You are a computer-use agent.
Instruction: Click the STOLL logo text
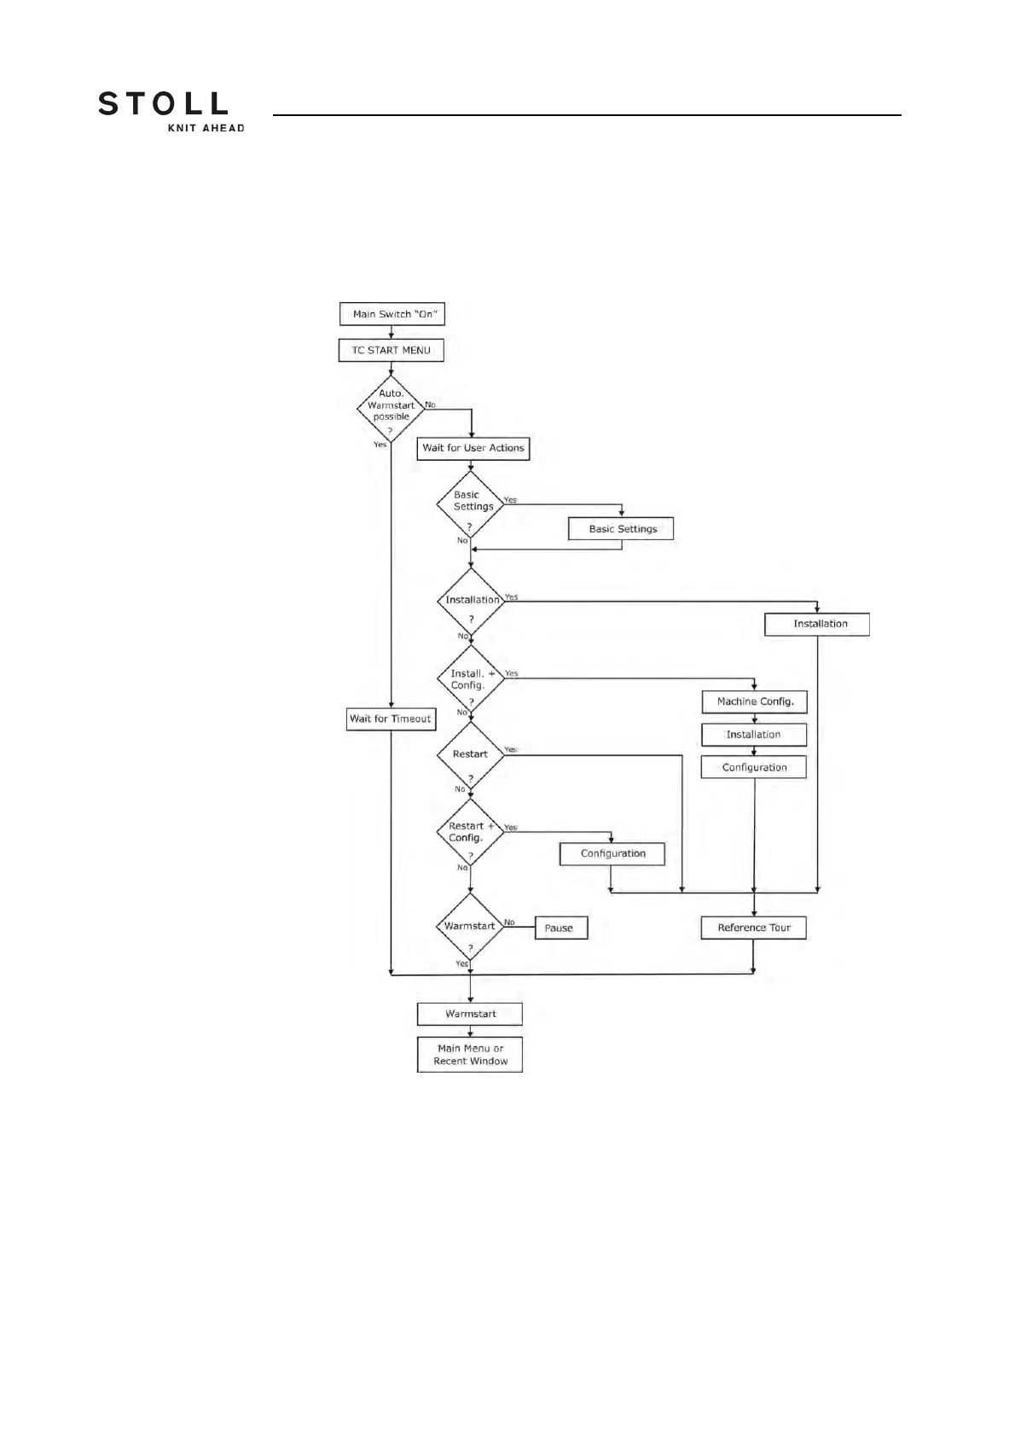tap(163, 104)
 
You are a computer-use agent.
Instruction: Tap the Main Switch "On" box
tap(392, 314)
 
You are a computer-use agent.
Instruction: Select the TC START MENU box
tap(391, 350)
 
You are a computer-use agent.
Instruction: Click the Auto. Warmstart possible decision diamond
tap(391, 410)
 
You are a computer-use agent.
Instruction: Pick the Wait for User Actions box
tap(473, 448)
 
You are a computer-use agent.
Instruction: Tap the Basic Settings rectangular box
tap(622, 529)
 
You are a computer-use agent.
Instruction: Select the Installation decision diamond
tap(470, 602)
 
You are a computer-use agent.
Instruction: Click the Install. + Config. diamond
tap(470, 679)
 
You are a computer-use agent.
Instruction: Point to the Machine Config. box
tap(755, 701)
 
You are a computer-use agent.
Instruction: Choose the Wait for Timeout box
tap(391, 718)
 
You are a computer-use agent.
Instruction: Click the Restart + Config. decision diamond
tap(470, 832)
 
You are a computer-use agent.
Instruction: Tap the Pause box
tap(560, 928)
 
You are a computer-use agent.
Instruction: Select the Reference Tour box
tap(754, 928)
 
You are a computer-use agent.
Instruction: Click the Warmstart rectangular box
tap(470, 1014)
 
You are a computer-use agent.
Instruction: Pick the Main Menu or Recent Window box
tap(470, 1055)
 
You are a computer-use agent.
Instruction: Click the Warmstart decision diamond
tap(470, 927)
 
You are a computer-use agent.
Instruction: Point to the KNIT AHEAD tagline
tap(205, 128)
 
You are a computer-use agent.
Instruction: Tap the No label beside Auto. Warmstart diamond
tap(431, 404)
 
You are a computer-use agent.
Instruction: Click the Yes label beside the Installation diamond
tap(511, 597)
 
